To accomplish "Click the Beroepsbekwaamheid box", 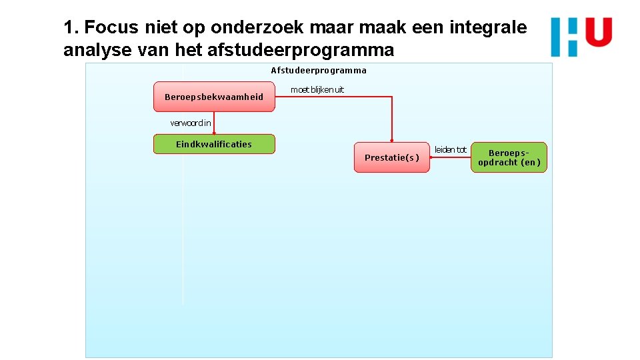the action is pyautogui.click(x=214, y=97).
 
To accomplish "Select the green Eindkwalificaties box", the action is pyautogui.click(x=214, y=144).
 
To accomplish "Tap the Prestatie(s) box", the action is pyautogui.click(x=392, y=157).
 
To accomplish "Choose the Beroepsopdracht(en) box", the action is pyautogui.click(x=509, y=157).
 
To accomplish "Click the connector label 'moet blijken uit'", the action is pyautogui.click(x=317, y=90).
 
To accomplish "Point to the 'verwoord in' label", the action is pyautogui.click(x=191, y=123).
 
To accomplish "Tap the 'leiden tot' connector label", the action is pyautogui.click(x=450, y=149).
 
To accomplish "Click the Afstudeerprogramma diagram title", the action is pyautogui.click(x=319, y=70).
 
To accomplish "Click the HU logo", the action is pyautogui.click(x=581, y=37).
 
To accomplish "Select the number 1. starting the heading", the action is pyautogui.click(x=71, y=28).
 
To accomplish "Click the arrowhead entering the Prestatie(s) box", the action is pyautogui.click(x=392, y=141).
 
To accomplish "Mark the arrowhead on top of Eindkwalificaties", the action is pyautogui.click(x=214, y=133).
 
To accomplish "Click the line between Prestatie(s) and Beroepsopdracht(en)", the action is pyautogui.click(x=450, y=157).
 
